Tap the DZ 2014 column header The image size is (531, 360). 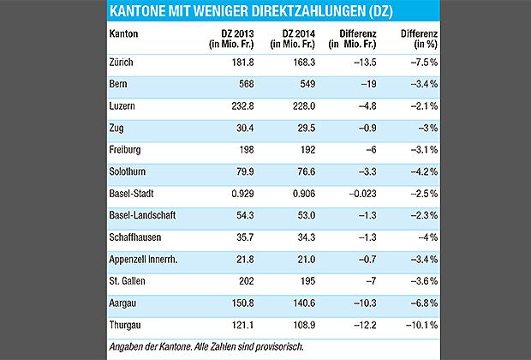pos(295,38)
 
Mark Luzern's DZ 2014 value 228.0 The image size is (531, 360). pos(302,106)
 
